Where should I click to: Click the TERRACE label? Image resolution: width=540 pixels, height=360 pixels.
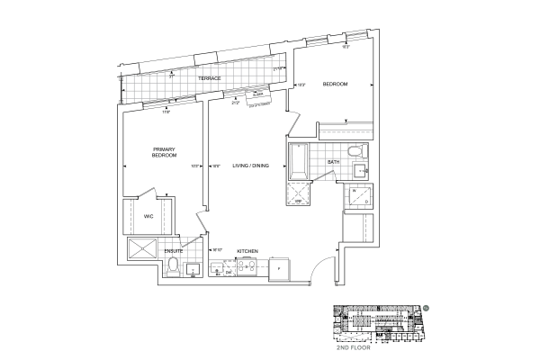pos(210,78)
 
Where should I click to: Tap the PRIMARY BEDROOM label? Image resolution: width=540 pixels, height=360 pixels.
pos(164,152)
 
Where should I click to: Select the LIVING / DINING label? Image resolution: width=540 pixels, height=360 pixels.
pos(251,165)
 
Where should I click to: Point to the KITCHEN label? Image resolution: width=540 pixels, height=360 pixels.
pos(248,250)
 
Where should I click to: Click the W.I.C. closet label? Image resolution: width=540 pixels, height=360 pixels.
pos(149,217)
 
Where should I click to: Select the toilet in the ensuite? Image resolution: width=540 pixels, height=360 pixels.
pos(174,265)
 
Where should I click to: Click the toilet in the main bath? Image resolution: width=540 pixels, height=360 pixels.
pos(355,150)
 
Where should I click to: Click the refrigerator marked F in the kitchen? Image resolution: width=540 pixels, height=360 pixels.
pos(279,267)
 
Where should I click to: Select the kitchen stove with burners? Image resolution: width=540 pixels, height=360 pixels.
pos(244,267)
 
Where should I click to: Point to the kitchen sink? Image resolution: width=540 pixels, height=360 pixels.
pos(220,267)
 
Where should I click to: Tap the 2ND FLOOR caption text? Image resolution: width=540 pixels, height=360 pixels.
pos(378,346)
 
